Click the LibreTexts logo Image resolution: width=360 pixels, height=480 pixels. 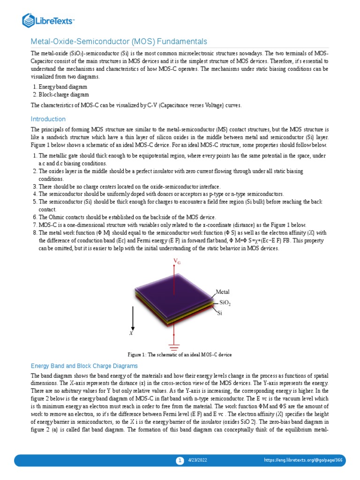point(49,20)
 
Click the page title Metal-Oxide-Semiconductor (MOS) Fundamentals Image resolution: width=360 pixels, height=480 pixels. point(119,42)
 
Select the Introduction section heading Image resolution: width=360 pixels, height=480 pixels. point(48,119)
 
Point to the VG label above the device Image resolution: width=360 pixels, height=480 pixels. point(177,261)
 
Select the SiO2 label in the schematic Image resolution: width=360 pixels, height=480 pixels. point(225,303)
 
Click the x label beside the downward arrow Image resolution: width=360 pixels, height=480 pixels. point(131,333)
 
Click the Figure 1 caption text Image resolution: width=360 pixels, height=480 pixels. point(180,354)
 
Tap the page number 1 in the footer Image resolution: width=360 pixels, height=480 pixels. point(180,461)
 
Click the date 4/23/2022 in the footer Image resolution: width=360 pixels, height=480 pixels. point(197,461)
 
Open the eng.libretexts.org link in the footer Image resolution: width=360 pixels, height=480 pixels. point(310,461)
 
